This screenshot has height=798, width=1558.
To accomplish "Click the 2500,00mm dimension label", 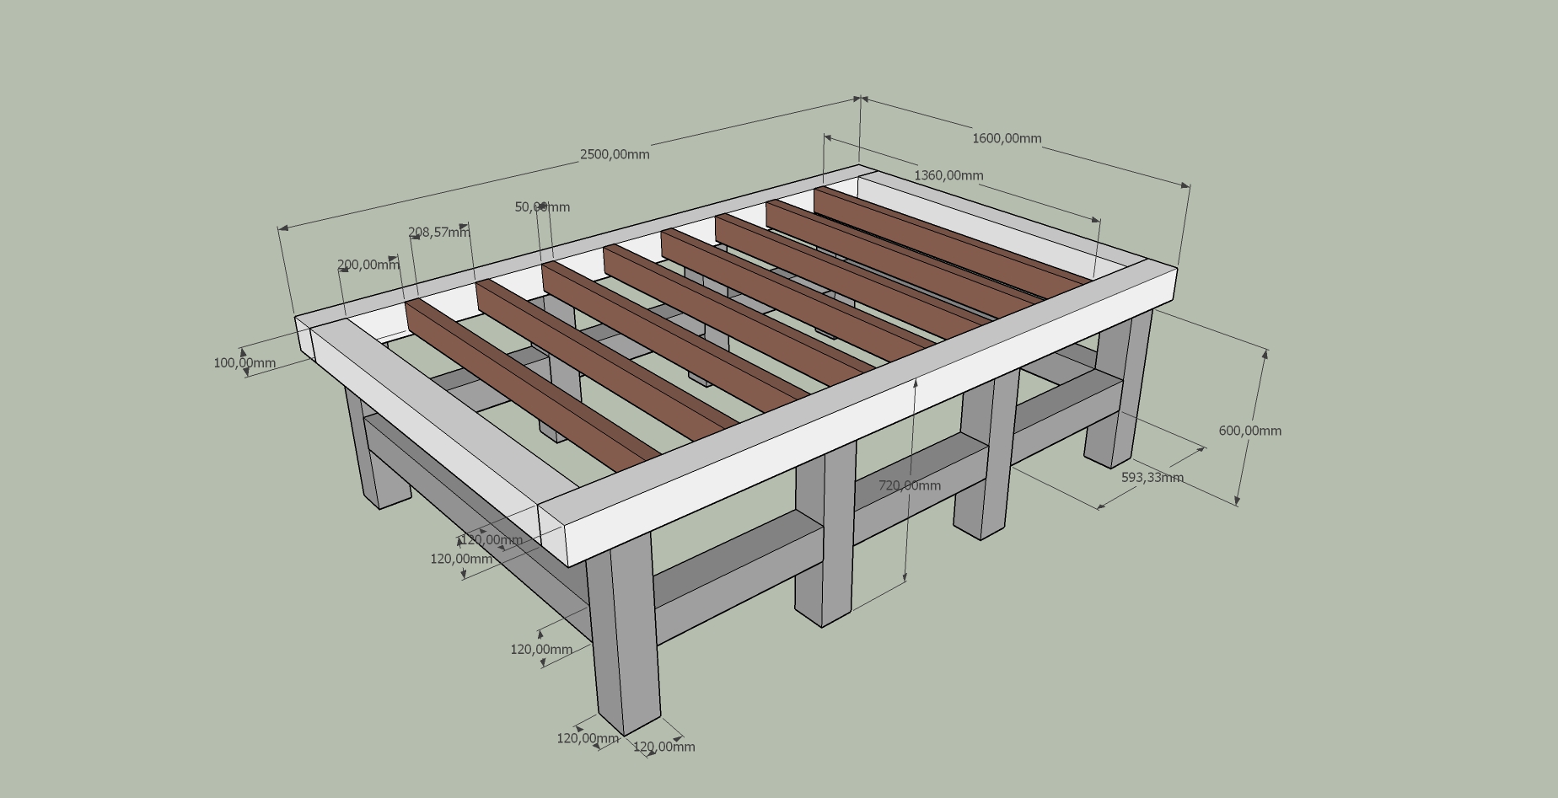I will coord(615,154).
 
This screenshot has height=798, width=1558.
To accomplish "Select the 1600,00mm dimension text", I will coord(1007,138).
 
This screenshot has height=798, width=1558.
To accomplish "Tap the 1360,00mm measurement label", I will coord(948,175).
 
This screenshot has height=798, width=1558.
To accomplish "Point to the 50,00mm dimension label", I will coord(542,206).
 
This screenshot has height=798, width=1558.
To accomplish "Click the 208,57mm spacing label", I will coord(438,232).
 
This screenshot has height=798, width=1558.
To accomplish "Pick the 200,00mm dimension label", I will coord(368,265).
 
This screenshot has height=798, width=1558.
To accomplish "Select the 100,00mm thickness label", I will coord(244,363).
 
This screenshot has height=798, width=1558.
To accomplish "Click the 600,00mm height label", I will coord(1249,431).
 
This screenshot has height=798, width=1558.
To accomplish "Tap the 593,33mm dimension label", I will coord(1152,477).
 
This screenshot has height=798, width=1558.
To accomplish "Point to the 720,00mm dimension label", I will coord(910,485).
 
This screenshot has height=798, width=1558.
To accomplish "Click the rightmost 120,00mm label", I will coord(663,747).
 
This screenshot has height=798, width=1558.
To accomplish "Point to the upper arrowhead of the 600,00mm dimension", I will coord(1264,355).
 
